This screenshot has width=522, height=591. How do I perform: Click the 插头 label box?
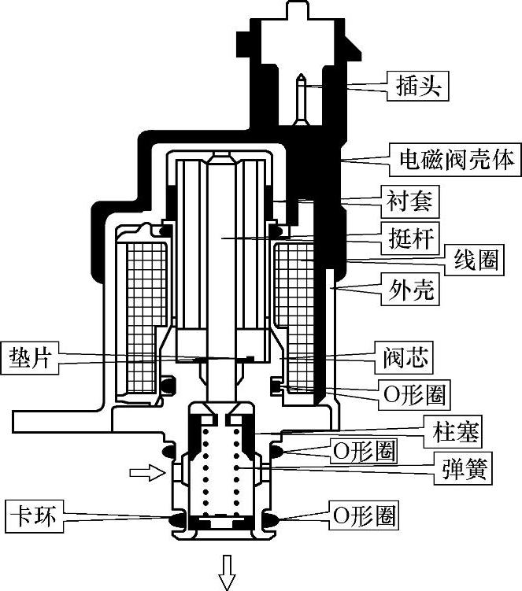coord(418,86)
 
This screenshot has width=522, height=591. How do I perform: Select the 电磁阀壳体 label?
coord(456,160)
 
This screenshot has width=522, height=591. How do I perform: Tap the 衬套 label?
coord(410,201)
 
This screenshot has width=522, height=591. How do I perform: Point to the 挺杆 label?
coord(410,238)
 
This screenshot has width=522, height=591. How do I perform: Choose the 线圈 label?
coord(474,260)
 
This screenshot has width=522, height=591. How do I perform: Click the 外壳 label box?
coord(410,289)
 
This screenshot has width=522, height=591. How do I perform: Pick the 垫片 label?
coord(30,358)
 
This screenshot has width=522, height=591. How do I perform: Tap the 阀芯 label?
coord(404,357)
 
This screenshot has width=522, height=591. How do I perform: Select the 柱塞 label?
coord(453,431)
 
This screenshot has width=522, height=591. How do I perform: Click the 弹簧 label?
coord(463,468)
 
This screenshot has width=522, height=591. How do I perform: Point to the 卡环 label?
coord(35,516)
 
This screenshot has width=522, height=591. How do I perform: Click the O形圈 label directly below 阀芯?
coord(414,394)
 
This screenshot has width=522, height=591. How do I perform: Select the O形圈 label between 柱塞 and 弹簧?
coord(364,451)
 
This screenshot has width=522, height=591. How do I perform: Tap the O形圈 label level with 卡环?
coord(364,515)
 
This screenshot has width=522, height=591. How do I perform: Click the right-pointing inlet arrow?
coord(147,473)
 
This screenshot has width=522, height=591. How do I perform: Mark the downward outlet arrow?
coord(227,572)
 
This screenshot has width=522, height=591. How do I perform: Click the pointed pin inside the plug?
coord(301,98)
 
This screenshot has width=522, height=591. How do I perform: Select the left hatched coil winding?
coord(145,317)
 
